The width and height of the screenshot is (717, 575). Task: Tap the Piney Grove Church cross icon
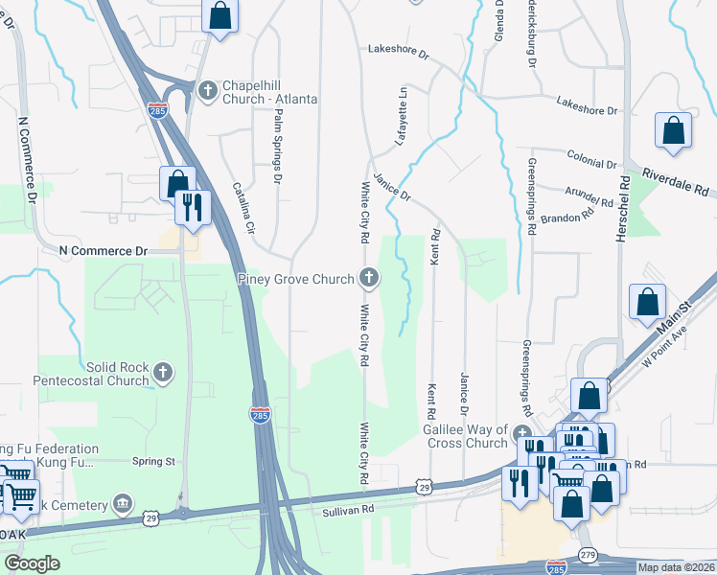click(x=368, y=279)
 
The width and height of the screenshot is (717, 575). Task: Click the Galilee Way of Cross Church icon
click(x=522, y=433)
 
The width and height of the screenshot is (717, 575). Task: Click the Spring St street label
click(x=153, y=461)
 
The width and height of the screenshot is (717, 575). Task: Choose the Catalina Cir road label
click(x=243, y=209)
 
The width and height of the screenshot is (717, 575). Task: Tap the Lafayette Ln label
click(x=403, y=115)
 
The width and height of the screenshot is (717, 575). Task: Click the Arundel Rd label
click(x=589, y=199)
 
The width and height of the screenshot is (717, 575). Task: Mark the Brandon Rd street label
click(x=567, y=218)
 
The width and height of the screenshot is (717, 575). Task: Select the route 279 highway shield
click(x=588, y=556)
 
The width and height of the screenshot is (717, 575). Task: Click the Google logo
click(x=32, y=563)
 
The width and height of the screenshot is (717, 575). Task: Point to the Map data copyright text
click(x=675, y=567)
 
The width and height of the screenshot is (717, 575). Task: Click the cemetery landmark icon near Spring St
click(x=123, y=503)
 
